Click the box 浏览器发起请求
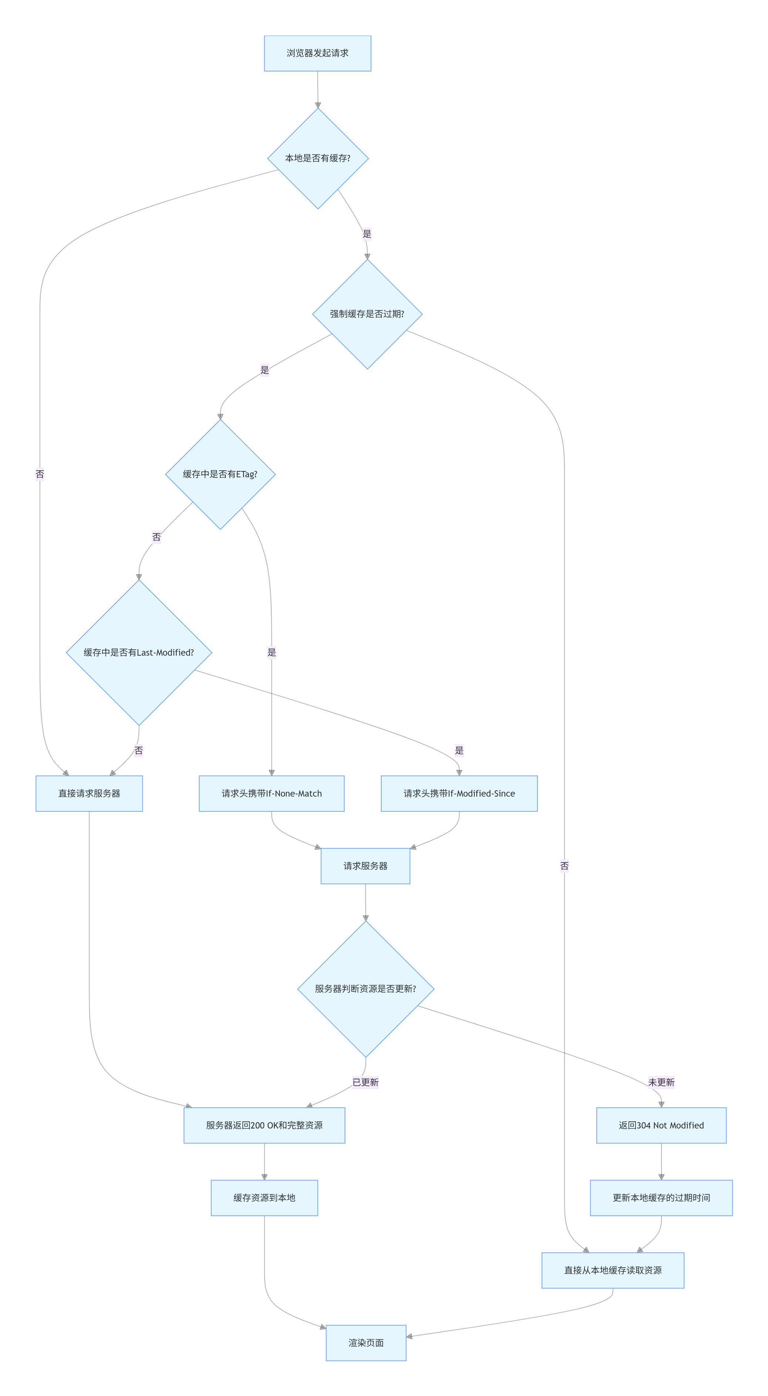click(318, 53)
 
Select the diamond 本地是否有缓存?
click(318, 158)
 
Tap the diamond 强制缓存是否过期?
click(368, 314)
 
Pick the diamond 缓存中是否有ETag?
click(220, 474)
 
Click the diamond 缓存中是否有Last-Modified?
click(139, 652)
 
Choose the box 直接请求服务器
click(90, 793)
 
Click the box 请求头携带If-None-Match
click(272, 793)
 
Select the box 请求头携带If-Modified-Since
click(459, 793)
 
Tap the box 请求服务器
click(365, 866)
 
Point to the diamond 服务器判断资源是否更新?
click(366, 989)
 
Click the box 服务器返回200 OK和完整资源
click(265, 1125)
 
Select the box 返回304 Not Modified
click(661, 1125)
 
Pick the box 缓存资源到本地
click(265, 1198)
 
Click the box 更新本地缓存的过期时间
click(661, 1198)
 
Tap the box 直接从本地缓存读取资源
click(613, 1270)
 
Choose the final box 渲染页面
click(366, 1343)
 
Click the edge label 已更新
click(366, 1082)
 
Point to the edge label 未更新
click(661, 1082)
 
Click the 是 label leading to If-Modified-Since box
click(459, 751)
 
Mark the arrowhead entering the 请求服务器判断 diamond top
click(366, 918)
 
